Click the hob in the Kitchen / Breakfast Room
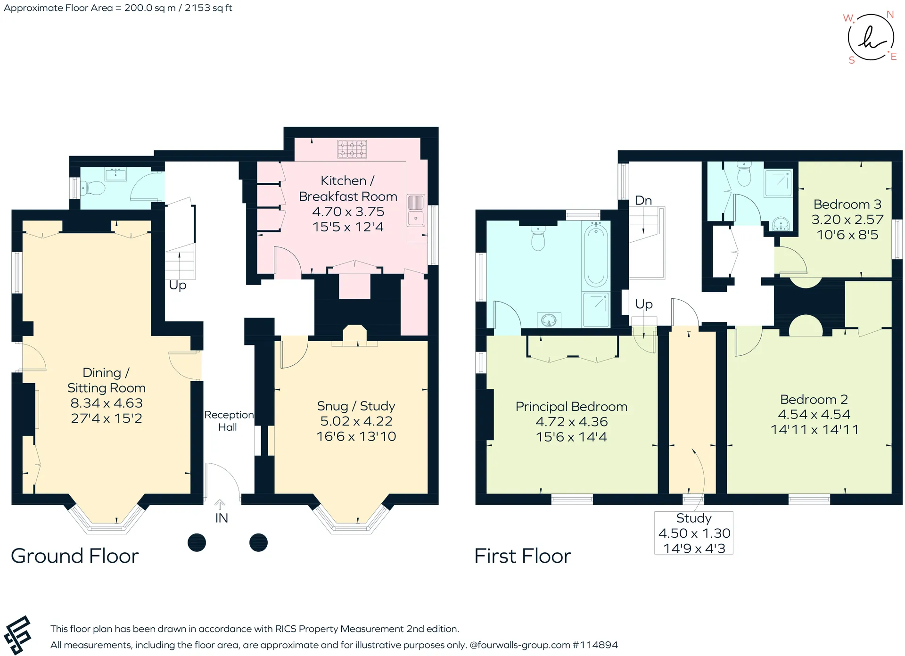pos(352,149)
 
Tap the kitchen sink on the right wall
pos(416,210)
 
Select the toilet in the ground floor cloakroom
pos(93,189)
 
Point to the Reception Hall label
pos(229,421)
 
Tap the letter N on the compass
pos(890,15)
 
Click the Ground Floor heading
pos(75,556)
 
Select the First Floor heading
pos(523,556)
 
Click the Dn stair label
pos(643,200)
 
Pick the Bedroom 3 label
pos(847,205)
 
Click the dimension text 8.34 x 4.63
pos(107,403)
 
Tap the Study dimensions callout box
pos(694,533)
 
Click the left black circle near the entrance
pos(197,542)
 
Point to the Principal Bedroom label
pos(572,407)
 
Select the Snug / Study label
pos(356,406)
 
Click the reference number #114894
pos(595,645)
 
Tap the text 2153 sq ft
pos(208,8)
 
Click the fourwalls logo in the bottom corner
pos(17,635)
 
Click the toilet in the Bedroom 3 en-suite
pos(744,175)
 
